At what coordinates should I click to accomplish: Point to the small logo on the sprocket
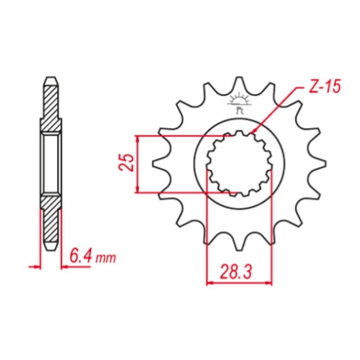click(239, 103)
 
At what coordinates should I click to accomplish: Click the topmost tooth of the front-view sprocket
click(239, 84)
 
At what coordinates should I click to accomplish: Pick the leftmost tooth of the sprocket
click(160, 162)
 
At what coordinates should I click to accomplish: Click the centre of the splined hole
click(239, 163)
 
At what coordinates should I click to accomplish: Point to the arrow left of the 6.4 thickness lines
click(36, 267)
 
